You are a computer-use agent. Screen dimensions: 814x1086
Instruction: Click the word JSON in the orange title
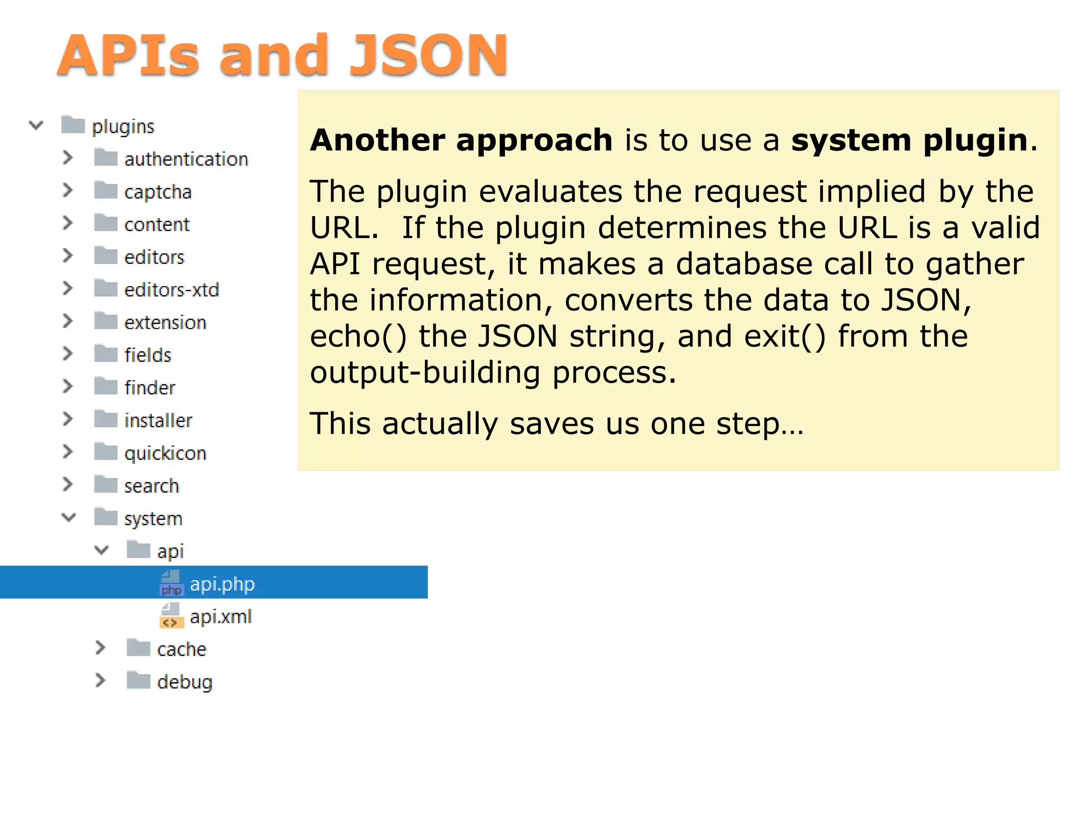click(428, 55)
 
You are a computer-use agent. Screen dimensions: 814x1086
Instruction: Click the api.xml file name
click(221, 616)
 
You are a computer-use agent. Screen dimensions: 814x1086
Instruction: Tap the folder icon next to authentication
click(106, 158)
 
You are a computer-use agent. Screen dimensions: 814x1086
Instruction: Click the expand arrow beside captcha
click(67, 190)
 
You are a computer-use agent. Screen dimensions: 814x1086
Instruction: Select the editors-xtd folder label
click(171, 290)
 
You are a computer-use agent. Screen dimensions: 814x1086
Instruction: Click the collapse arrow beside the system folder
click(68, 517)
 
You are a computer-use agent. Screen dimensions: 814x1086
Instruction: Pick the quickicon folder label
click(165, 453)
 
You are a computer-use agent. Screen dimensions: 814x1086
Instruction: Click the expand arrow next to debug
click(100, 680)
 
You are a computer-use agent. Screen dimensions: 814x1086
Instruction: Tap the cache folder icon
click(138, 648)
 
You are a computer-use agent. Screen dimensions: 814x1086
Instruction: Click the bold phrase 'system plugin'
click(909, 140)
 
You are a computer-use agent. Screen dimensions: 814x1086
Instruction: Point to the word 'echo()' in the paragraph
click(358, 337)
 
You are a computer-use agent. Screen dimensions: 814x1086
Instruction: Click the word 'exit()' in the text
click(785, 337)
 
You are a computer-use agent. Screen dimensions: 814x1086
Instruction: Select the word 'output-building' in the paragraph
click(425, 373)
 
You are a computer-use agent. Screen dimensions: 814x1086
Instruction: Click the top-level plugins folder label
click(123, 126)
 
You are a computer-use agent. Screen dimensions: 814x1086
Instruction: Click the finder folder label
click(150, 388)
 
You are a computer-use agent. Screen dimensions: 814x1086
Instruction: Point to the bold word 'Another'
click(378, 140)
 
